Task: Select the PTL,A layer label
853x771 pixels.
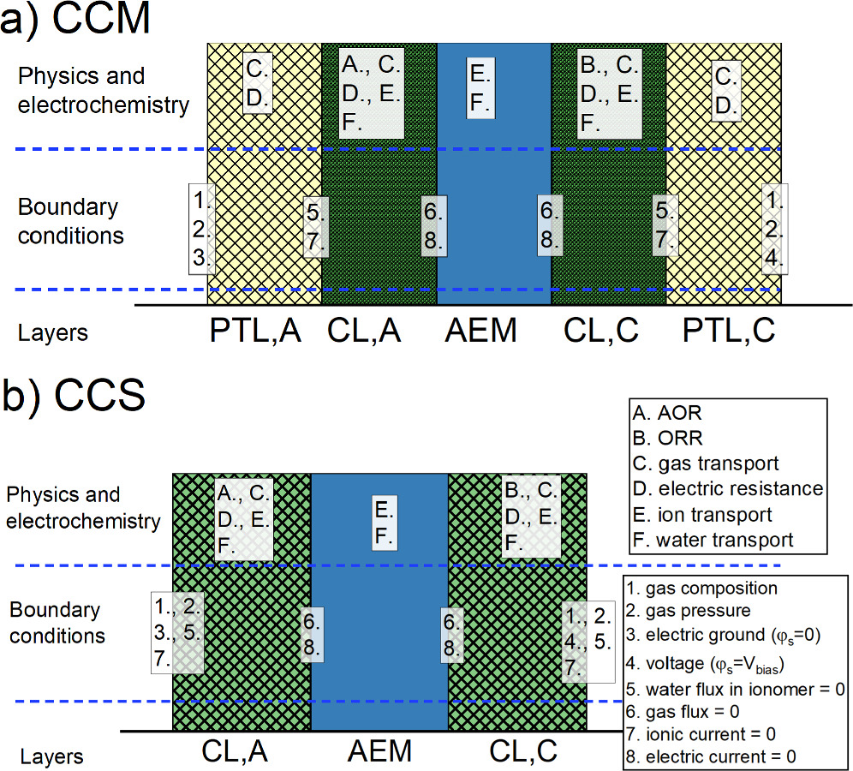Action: pos(256,330)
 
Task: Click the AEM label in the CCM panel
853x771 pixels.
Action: pos(481,330)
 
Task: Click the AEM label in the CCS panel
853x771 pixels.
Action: pos(379,751)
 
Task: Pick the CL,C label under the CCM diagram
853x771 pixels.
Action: pos(602,330)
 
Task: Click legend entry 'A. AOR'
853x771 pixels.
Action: pos(667,413)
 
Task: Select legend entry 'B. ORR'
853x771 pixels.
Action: pos(667,438)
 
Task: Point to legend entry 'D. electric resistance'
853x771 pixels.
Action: pos(727,489)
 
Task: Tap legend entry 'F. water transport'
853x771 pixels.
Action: pos(713,540)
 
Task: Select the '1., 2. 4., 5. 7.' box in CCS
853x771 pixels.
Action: pos(588,639)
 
